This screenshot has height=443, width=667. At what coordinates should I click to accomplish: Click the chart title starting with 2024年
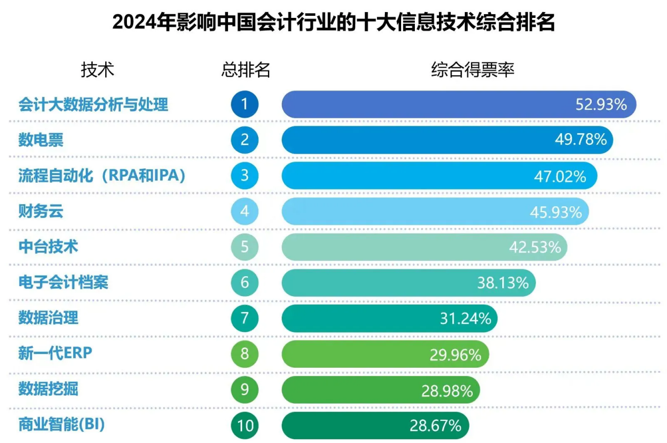point(333,23)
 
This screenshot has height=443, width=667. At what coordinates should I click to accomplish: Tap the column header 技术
point(97,69)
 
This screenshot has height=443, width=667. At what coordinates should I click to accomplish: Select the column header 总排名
point(245,69)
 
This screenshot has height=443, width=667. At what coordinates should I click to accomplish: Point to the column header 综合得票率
point(472,69)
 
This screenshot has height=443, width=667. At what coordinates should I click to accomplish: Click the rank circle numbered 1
point(245,104)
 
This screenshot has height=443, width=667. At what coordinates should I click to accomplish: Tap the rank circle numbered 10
point(245,425)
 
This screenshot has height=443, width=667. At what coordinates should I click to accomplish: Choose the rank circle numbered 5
point(245,247)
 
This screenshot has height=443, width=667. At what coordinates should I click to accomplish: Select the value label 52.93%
point(601,105)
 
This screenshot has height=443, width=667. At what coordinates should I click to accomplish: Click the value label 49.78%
point(581,140)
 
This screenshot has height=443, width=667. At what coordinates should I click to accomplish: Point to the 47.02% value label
point(560,176)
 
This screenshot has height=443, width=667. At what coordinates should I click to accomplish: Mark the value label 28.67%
point(435,425)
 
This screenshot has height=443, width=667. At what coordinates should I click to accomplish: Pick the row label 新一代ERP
point(55,354)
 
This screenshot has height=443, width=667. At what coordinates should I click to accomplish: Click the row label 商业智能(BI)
point(62,425)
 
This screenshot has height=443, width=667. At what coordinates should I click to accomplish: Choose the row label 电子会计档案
point(63,283)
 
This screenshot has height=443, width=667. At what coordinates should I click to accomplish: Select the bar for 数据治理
point(390,318)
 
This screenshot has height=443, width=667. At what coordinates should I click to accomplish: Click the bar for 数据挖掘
point(381,390)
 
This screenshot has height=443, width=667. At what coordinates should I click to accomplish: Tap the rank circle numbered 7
point(245,318)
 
